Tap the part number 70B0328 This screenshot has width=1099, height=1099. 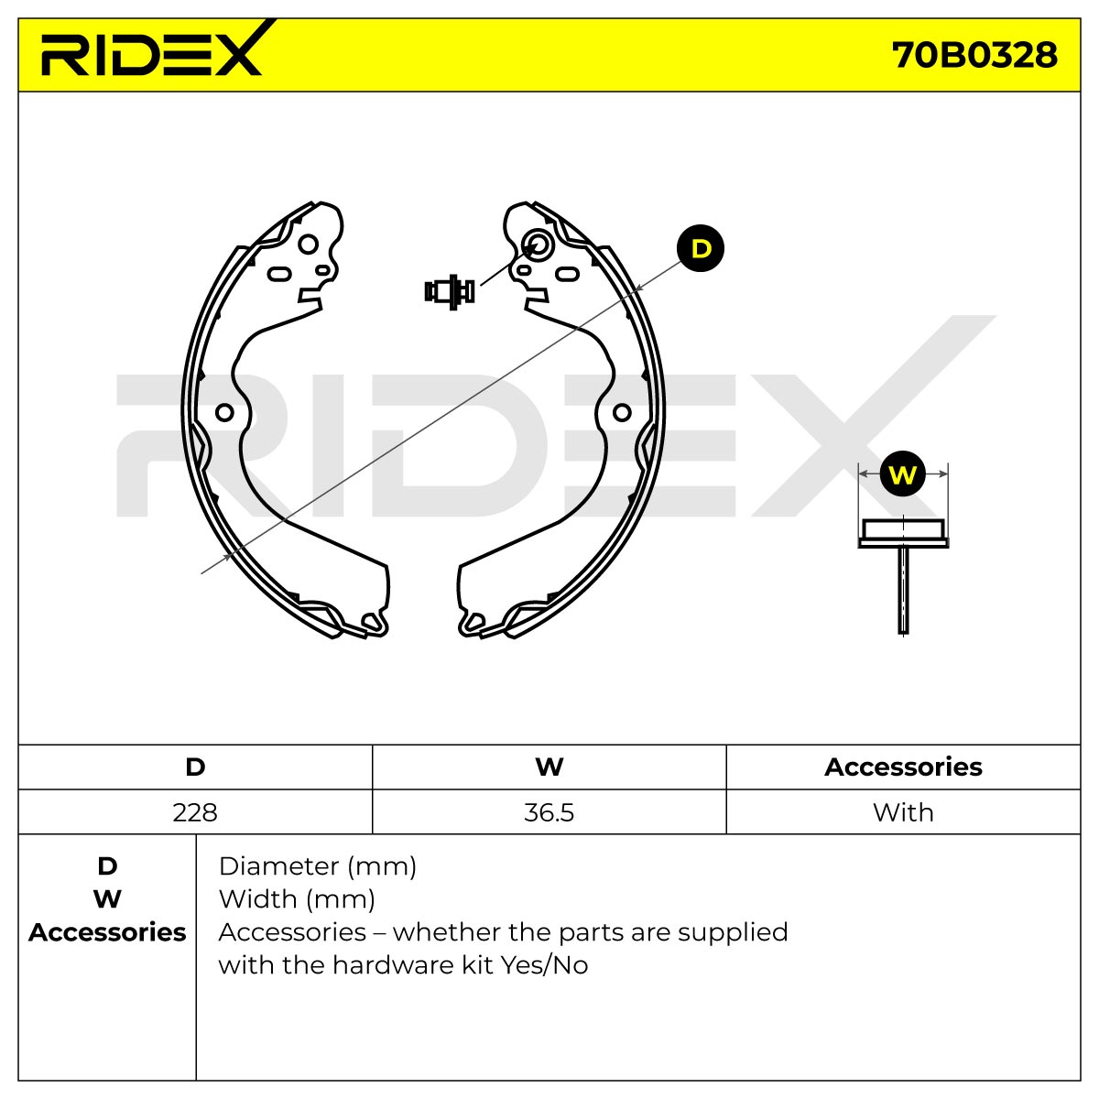point(974,56)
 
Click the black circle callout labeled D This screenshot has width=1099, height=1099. point(701,249)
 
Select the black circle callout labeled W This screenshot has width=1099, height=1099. point(902,473)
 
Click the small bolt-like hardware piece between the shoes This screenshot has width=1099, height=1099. point(450,291)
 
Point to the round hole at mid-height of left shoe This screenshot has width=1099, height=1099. point(224,412)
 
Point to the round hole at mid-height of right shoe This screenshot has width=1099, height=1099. point(622,412)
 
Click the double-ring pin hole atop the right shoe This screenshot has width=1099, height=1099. point(537,245)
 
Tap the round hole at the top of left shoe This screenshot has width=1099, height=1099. point(308,245)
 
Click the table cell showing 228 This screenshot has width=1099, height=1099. point(195,812)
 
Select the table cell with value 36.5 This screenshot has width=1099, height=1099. point(549,812)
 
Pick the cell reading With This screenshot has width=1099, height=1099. point(903,812)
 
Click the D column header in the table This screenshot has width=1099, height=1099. point(195,767)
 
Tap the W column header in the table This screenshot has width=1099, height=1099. point(549,767)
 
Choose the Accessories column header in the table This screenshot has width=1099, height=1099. point(903,767)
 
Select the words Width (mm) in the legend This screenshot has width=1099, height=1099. point(297,900)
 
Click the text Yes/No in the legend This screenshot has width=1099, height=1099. point(544,965)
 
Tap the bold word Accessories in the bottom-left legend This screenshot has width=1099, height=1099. point(107,932)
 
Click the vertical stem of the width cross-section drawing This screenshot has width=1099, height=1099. point(903,591)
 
